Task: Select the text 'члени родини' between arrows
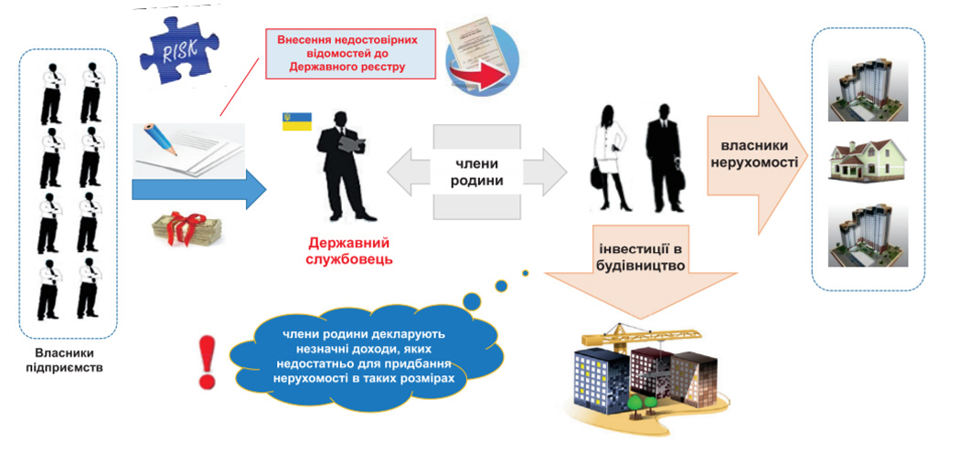tap(476, 173)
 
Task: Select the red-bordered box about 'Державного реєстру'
tap(347, 54)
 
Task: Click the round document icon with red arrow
tap(482, 57)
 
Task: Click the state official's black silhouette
tap(346, 165)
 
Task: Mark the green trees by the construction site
tap(644, 404)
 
